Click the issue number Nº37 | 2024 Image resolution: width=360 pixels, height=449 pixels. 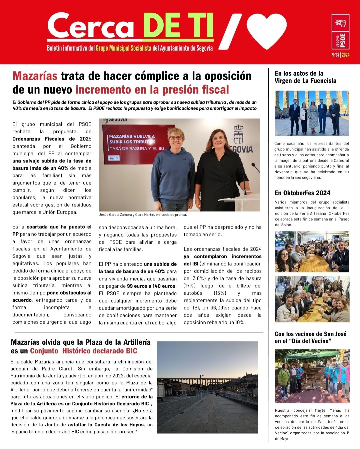coord(340,55)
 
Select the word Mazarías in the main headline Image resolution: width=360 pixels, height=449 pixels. coord(35,76)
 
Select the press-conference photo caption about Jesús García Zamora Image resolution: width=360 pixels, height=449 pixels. coord(143,215)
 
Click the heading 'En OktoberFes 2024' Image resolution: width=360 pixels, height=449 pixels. coord(302,193)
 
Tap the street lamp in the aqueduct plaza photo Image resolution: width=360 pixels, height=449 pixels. coord(201,388)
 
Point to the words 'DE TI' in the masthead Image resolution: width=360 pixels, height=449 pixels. coord(178,26)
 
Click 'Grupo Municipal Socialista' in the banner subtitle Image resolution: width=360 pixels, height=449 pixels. coord(124,48)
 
